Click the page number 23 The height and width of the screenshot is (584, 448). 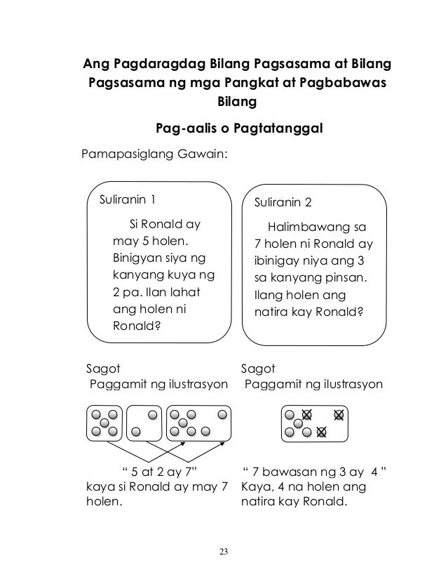[224, 549]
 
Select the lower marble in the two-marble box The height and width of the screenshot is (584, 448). [136, 431]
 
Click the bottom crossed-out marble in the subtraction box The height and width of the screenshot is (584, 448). [321, 431]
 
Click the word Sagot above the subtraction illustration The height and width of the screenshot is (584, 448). [258, 367]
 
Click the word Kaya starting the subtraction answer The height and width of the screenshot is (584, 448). [254, 486]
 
